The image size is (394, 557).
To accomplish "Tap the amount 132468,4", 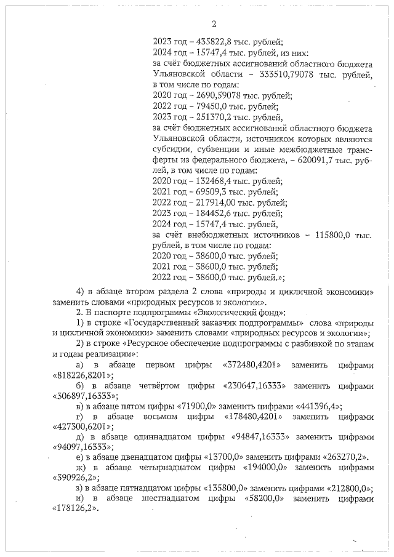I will point(209,181).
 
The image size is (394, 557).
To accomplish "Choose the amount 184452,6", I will point(209,213).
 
